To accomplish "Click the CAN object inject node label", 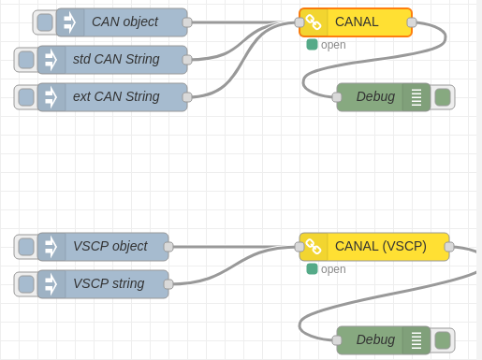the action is (x=124, y=22).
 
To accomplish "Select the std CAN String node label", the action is (x=116, y=59).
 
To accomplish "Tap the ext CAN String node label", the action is (x=116, y=96).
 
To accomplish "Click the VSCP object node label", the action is (x=110, y=247).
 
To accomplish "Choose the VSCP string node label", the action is (x=109, y=283).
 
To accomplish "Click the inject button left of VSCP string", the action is (x=26, y=284).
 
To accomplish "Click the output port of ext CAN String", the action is (x=187, y=97).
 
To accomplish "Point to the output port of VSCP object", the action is (x=168, y=247).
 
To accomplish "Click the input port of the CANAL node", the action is (x=299, y=22).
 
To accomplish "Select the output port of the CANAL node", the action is (x=412, y=22).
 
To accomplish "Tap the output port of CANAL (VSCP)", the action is (x=449, y=247).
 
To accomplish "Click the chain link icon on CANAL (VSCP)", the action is (x=313, y=247).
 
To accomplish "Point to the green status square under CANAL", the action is (x=312, y=45).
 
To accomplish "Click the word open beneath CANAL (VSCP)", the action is (x=333, y=269).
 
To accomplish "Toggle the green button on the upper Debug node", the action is (x=443, y=97).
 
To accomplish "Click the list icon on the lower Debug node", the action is (x=416, y=340).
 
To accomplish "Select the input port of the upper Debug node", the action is (x=337, y=97).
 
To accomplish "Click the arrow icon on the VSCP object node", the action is (x=51, y=247).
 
